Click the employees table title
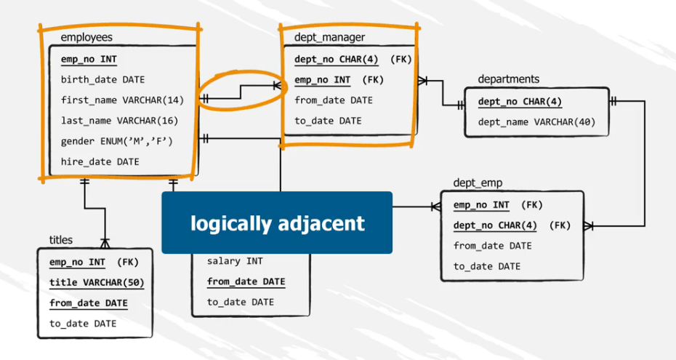(x=86, y=36)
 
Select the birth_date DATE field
(x=102, y=79)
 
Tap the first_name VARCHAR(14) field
(x=122, y=100)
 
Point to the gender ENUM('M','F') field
(x=117, y=141)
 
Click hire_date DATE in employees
(x=100, y=161)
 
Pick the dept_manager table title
(x=329, y=36)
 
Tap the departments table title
(x=508, y=79)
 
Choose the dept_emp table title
(x=478, y=182)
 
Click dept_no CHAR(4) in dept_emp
(x=495, y=225)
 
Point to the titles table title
(x=61, y=239)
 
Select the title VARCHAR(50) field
(x=96, y=283)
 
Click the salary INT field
(x=235, y=261)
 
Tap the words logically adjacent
(x=277, y=223)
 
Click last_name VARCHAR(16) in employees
(x=119, y=121)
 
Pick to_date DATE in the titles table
(x=83, y=324)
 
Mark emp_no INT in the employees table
(x=88, y=59)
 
